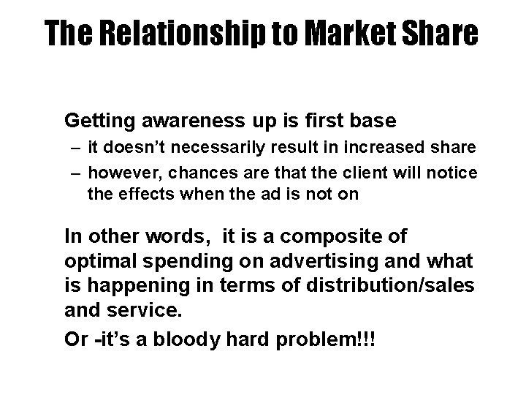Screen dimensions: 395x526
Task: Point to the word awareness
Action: click(x=176, y=119)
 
